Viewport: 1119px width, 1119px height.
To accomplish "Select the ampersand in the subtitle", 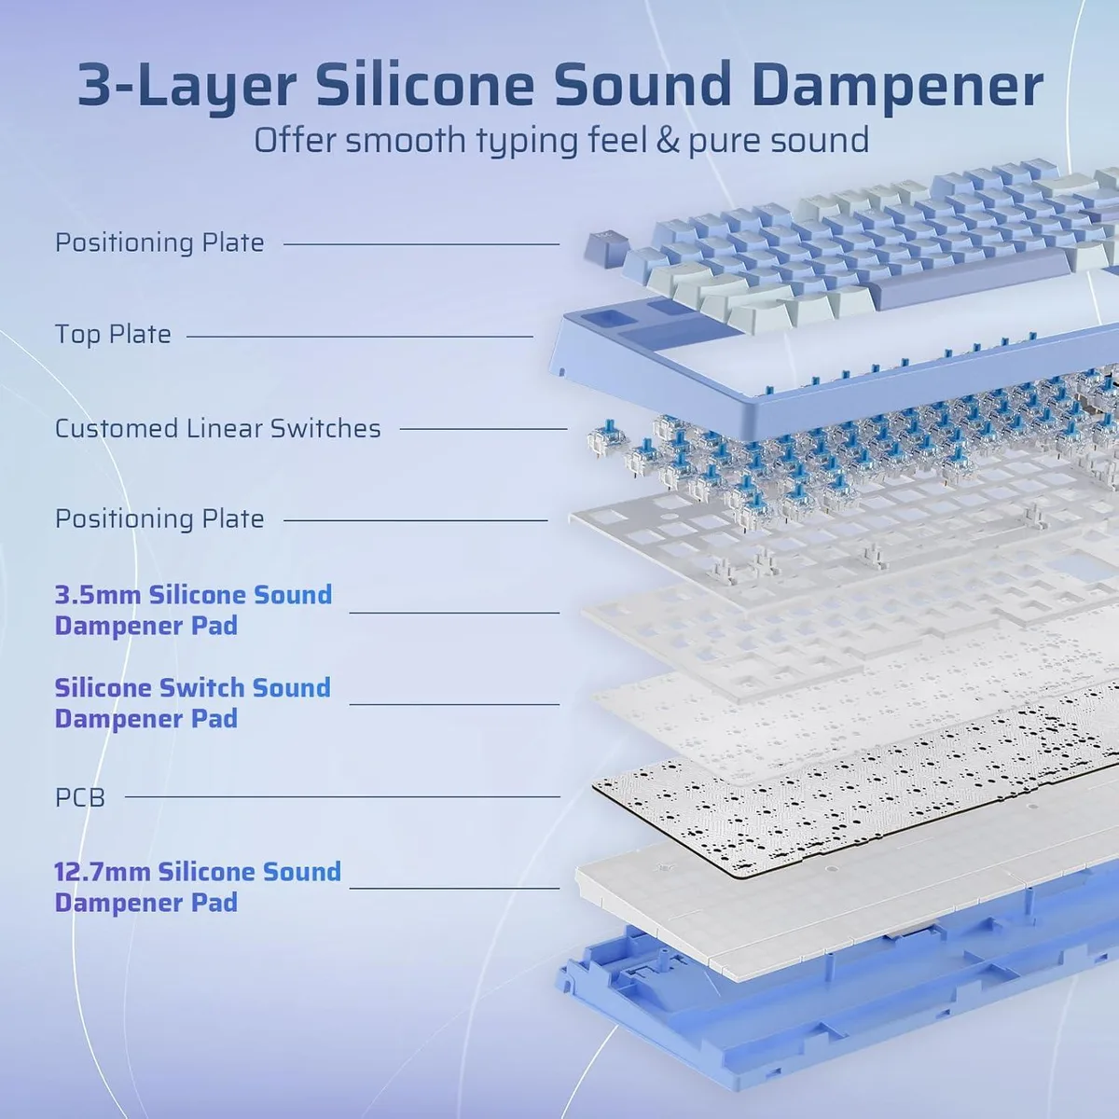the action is [669, 141].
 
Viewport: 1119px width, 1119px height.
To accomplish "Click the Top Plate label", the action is [113, 335].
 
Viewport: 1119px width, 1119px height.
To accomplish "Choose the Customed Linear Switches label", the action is [218, 429].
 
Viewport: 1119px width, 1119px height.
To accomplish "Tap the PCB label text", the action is [80, 797].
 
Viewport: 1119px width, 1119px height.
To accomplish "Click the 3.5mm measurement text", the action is [98, 595].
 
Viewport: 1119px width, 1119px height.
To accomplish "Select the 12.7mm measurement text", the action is [103, 872].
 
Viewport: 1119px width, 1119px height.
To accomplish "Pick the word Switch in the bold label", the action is [201, 687].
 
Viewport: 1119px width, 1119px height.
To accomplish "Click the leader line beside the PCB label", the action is [342, 796].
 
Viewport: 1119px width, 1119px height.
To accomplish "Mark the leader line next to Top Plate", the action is [360, 337].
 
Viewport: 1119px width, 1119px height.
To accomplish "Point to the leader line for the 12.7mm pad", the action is [454, 888].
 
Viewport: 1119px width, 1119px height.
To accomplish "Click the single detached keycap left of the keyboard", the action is [604, 249].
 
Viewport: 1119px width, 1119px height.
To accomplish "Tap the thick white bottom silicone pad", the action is [842, 894].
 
